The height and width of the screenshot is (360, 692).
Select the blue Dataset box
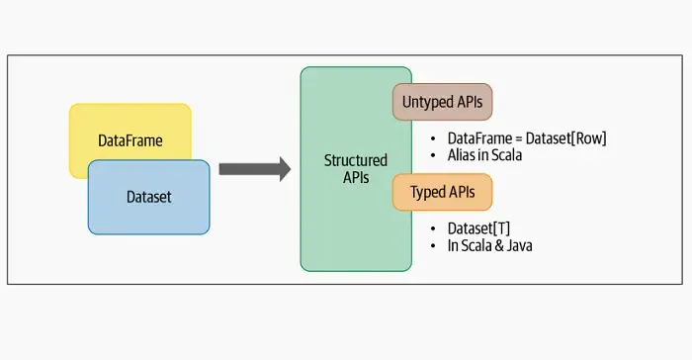(x=148, y=198)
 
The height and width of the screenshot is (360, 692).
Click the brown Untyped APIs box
(x=442, y=101)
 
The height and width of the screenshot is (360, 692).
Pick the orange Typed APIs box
(x=442, y=191)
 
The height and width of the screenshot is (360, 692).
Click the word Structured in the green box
(x=356, y=160)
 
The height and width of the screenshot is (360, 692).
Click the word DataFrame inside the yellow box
(x=130, y=141)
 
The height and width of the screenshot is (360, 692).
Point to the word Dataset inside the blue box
(x=148, y=198)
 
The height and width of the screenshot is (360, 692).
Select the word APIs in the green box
(x=356, y=178)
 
